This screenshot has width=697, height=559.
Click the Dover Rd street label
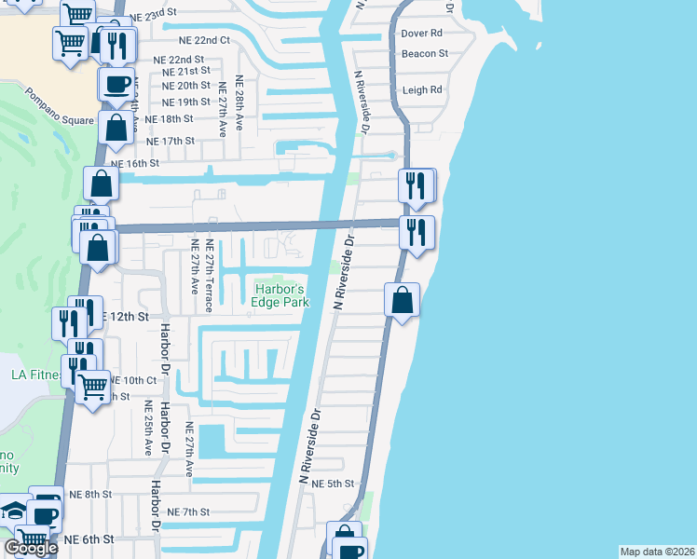click(421, 34)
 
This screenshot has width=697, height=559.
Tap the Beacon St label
click(424, 54)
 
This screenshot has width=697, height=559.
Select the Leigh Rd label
click(422, 90)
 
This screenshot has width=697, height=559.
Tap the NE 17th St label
click(171, 141)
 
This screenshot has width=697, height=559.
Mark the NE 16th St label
click(136, 162)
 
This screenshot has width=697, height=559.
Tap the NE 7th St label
click(188, 512)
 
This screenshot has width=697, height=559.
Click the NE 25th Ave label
click(147, 429)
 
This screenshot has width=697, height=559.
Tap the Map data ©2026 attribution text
click(657, 552)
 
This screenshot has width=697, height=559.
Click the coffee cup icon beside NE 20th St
click(116, 84)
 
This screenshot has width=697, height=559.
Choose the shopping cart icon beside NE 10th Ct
click(92, 386)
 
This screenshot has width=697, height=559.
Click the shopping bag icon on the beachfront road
click(402, 301)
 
